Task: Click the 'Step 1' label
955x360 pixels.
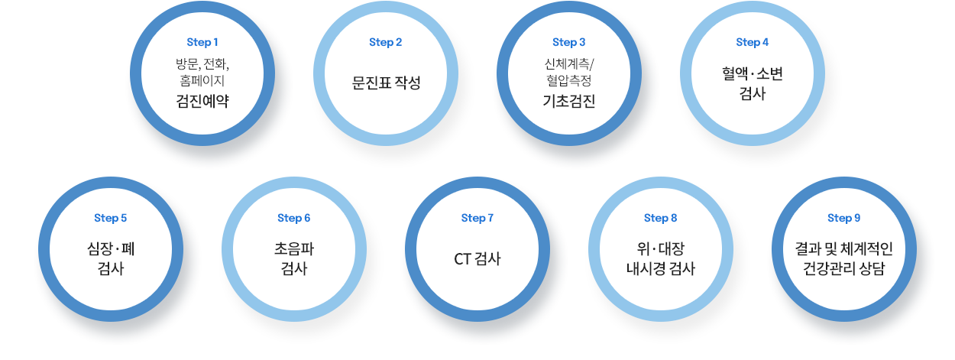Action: click(x=202, y=42)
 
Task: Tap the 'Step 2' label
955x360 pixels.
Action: click(x=386, y=42)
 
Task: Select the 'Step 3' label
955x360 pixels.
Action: click(x=569, y=42)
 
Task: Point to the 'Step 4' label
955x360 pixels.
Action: click(x=753, y=42)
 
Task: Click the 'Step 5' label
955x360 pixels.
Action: click(x=111, y=219)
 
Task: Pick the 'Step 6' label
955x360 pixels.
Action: click(x=294, y=219)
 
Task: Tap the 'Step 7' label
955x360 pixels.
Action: click(x=477, y=219)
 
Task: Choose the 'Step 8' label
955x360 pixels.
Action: click(x=661, y=219)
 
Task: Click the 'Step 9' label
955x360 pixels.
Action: click(x=844, y=219)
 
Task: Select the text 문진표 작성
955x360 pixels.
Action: click(x=386, y=82)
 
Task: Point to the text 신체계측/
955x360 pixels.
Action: click(x=569, y=63)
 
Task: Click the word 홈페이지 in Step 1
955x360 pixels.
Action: click(x=202, y=79)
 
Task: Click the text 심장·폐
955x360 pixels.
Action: click(x=111, y=248)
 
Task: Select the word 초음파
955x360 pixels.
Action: click(x=294, y=248)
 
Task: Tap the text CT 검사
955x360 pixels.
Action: click(x=477, y=258)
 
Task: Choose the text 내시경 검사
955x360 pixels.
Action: click(x=661, y=269)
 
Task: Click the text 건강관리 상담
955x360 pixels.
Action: click(x=844, y=269)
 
